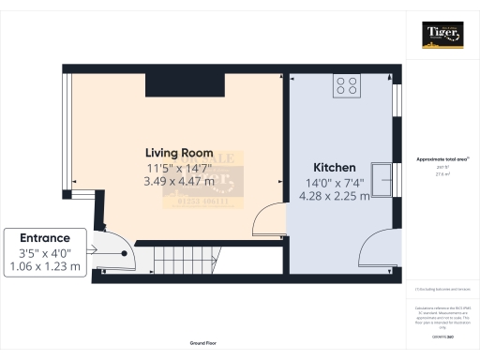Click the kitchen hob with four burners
[x=346, y=86]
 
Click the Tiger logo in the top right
[x=442, y=36]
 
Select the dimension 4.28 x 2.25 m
[x=334, y=196]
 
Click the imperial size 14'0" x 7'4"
[x=334, y=183]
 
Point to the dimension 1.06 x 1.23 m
[x=45, y=267]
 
